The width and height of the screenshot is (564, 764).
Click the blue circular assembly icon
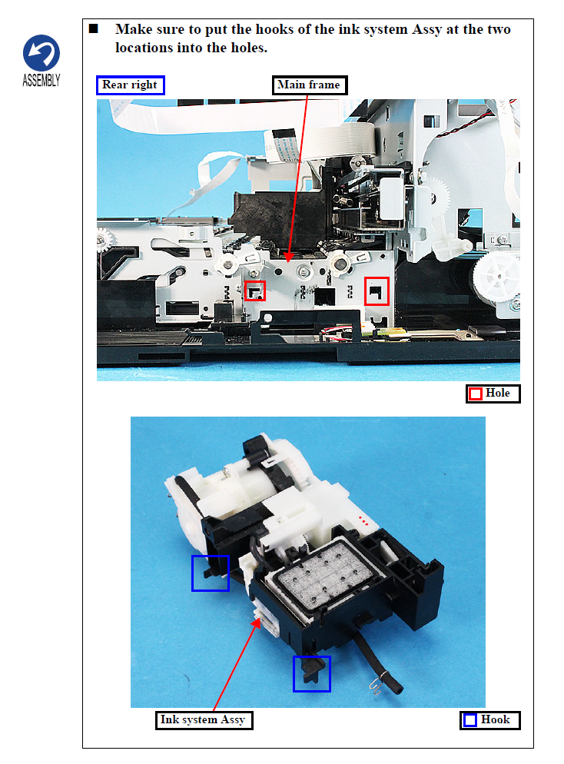41,52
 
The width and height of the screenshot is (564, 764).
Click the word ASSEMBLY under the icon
41,81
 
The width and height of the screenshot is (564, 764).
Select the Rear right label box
131,85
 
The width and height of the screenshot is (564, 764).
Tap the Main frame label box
309,85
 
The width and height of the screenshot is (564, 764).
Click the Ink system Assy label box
204,720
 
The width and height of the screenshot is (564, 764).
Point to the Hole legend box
493,394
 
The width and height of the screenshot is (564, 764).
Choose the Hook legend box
490,720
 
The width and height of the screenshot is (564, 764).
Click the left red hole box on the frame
255,291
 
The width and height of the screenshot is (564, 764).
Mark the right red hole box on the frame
377,291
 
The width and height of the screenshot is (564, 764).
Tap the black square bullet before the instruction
94,28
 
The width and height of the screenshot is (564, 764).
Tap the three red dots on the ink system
363,521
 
